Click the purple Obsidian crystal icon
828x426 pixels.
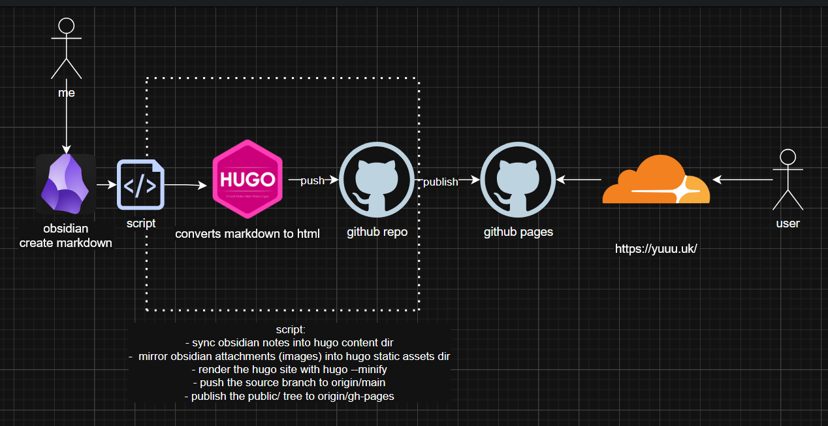coord(65,184)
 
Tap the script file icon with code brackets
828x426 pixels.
coord(140,184)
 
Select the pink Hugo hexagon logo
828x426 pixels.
coord(247,179)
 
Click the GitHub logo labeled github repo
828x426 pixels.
coord(377,180)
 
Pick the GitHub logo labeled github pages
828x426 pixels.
coord(518,180)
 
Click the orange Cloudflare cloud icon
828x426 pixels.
coord(656,179)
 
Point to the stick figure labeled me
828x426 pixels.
coord(67,48)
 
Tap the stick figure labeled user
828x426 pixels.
coord(788,180)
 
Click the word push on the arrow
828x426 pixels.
coord(312,180)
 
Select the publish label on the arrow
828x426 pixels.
coord(440,182)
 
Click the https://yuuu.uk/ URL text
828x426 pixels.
coord(656,249)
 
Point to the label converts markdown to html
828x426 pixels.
coord(247,234)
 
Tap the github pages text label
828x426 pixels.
coord(518,232)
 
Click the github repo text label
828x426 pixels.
coord(377,232)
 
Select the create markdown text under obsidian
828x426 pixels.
coord(66,243)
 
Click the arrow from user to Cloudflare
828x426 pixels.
coord(742,180)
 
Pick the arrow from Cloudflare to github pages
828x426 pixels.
coord(579,180)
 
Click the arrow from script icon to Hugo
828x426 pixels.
coord(185,185)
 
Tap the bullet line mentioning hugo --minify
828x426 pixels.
coord(289,369)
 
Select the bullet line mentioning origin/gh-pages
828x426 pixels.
coord(289,396)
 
